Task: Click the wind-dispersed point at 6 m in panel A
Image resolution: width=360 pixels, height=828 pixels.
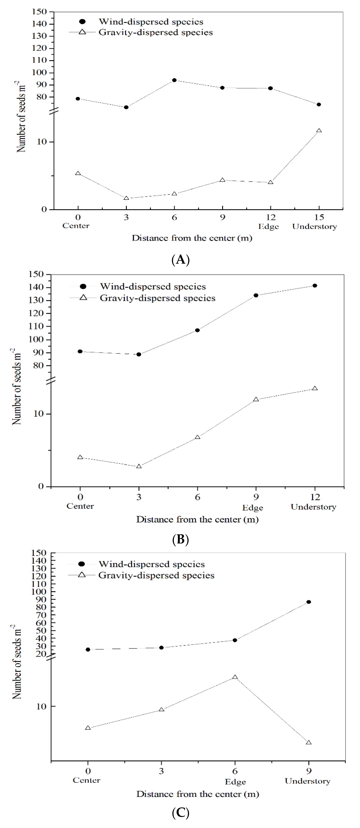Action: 174,80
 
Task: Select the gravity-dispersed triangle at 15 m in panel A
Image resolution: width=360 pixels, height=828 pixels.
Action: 319,131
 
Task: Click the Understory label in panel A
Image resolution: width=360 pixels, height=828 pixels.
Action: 314,227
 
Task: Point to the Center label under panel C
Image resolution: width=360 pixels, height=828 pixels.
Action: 86,780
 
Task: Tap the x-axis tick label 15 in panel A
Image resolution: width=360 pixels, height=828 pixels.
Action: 319,217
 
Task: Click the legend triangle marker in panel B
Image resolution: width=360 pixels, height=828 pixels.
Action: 83,298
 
